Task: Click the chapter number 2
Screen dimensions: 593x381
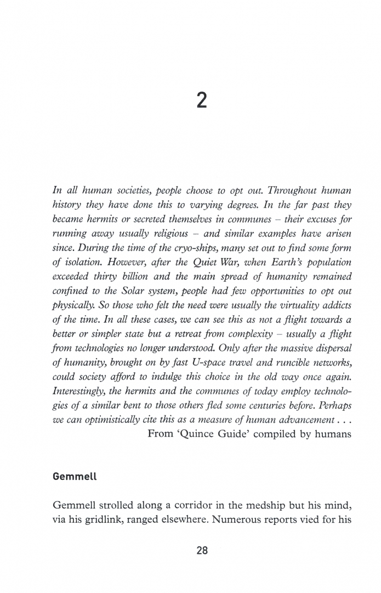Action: click(x=201, y=101)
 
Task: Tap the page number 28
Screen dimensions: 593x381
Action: click(x=202, y=550)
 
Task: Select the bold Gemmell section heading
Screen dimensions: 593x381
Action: click(x=75, y=476)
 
